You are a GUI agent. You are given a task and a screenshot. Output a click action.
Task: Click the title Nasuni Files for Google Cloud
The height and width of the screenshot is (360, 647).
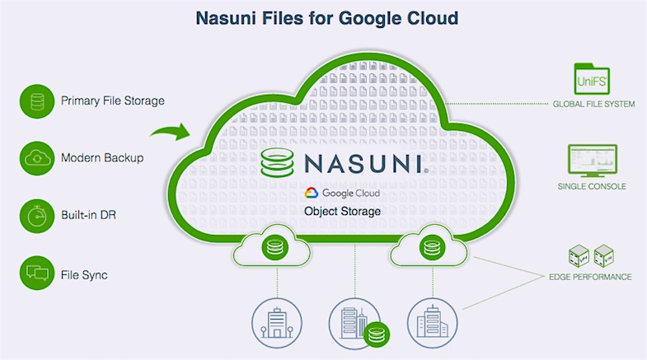point(323,17)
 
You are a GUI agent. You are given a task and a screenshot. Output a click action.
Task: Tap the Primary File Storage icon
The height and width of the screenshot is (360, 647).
point(35,101)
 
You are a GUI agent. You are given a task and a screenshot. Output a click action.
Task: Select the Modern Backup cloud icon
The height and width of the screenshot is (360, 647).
point(35,157)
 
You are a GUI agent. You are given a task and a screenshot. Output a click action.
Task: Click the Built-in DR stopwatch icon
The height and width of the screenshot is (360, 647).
point(35,213)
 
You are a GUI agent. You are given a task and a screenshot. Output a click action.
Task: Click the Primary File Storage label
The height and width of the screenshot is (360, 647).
point(113,101)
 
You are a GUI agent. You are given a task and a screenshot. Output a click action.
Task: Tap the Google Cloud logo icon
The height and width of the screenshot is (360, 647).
point(312,194)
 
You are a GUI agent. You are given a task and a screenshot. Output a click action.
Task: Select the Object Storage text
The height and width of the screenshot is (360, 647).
point(342,212)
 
